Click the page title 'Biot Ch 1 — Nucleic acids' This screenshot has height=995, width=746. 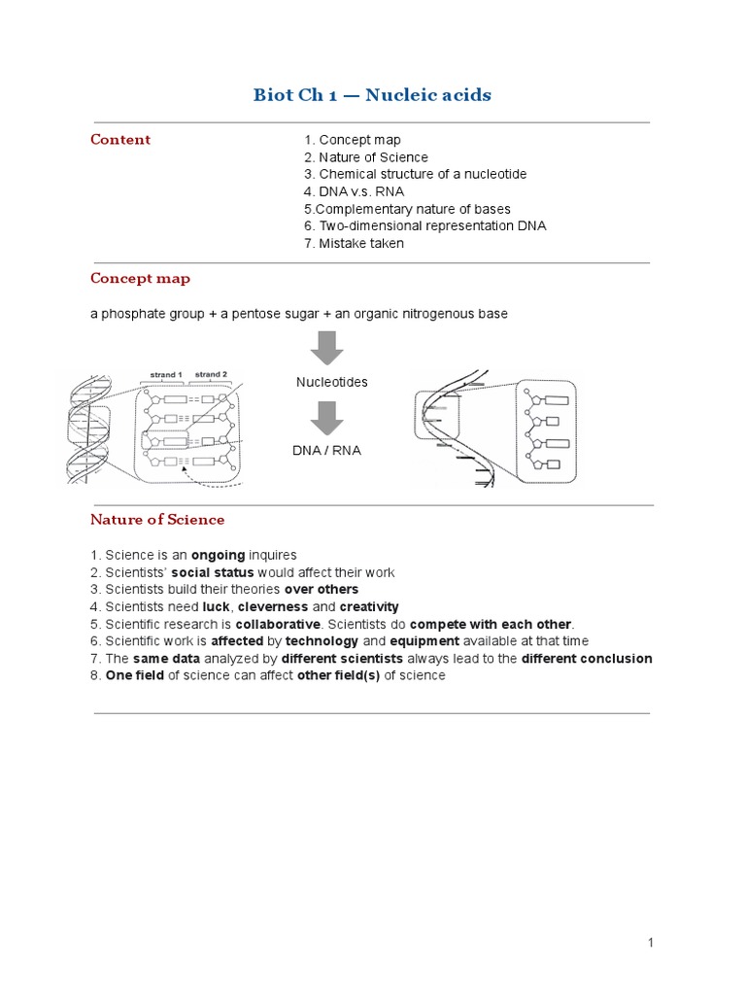pyautogui.click(x=372, y=94)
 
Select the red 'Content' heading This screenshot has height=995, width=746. pyautogui.click(x=120, y=139)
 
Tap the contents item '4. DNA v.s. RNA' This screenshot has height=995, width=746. pyautogui.click(x=354, y=191)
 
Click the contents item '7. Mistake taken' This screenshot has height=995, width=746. pyautogui.click(x=354, y=243)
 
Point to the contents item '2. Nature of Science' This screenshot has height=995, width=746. pyautogui.click(x=365, y=156)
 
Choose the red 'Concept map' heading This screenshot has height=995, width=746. pyautogui.click(x=140, y=278)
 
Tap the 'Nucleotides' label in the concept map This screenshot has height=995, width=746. pyautogui.click(x=331, y=382)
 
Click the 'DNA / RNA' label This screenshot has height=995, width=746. pyautogui.click(x=326, y=451)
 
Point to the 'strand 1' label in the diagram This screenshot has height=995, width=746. pyautogui.click(x=166, y=374)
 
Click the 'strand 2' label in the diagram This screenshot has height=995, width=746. pyautogui.click(x=211, y=374)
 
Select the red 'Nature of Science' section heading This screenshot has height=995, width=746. pyautogui.click(x=157, y=519)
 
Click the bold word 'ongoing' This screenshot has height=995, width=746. pyautogui.click(x=218, y=555)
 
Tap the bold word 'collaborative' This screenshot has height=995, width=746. pyautogui.click(x=278, y=624)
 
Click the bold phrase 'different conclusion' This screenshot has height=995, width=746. pyautogui.click(x=587, y=658)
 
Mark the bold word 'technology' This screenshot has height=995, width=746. pyautogui.click(x=322, y=641)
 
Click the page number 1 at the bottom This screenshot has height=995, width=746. pyautogui.click(x=652, y=942)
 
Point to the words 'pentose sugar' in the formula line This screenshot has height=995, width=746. pyautogui.click(x=267, y=313)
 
